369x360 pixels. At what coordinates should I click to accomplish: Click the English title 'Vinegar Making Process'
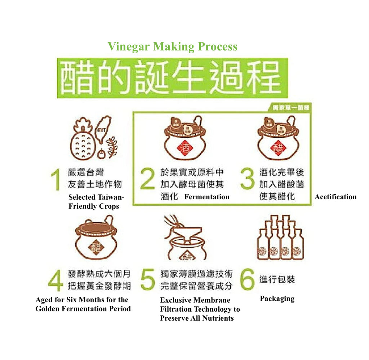point(172,47)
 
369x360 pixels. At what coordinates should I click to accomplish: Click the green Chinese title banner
point(172,77)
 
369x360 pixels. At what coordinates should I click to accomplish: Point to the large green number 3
point(247,179)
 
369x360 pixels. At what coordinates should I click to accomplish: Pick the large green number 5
point(147,280)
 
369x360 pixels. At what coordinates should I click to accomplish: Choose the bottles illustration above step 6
point(280,238)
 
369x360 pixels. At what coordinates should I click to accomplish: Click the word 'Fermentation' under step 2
point(207,197)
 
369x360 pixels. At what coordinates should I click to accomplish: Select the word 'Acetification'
point(335,197)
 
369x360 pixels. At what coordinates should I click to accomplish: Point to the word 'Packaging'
point(277,299)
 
